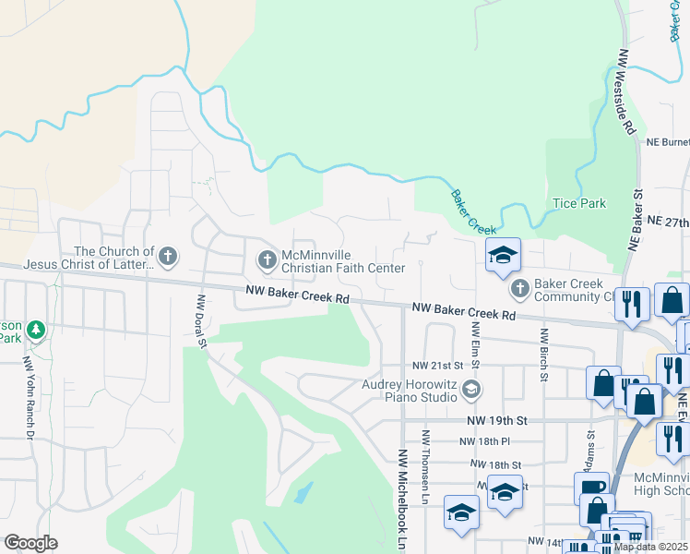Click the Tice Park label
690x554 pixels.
pos(578,203)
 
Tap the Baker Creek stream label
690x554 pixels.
pos(473,211)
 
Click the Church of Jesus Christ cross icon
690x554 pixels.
pos(167,256)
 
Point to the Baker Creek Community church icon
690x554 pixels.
pos(520,289)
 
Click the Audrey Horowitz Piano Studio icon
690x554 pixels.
pos(471,389)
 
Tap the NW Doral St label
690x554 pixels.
pos(200,322)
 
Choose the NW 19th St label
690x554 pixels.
pos(495,419)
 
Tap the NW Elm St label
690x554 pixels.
pos(476,342)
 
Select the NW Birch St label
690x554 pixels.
pos(544,355)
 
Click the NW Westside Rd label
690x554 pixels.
pos(627,93)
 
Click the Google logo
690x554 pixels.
pos(30,543)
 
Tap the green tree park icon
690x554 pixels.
pos(36,329)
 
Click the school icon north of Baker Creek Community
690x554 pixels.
pos(503,256)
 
